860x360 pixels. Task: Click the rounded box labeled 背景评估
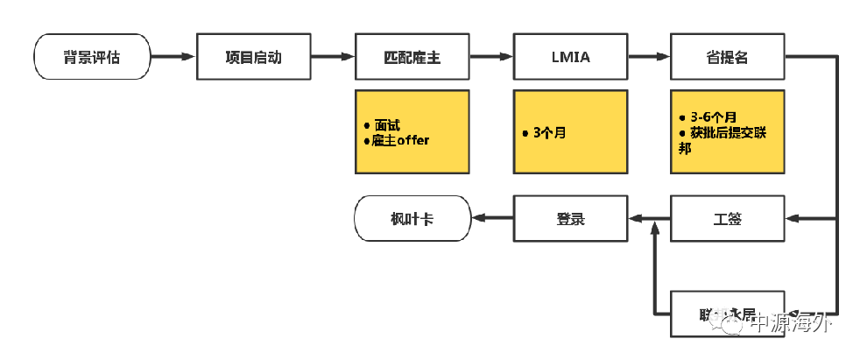(92, 58)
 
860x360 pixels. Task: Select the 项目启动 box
(254, 58)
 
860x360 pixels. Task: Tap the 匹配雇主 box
(412, 58)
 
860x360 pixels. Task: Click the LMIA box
(570, 58)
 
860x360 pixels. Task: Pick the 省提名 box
(728, 58)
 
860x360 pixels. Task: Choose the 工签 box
(728, 218)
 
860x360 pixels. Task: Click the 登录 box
(570, 218)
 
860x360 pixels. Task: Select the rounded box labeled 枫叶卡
(412, 218)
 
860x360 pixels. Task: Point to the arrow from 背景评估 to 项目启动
(173, 58)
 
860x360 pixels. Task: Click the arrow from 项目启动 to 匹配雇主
(333, 58)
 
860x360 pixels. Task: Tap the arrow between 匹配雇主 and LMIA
(491, 58)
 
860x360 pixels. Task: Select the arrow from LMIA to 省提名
(649, 58)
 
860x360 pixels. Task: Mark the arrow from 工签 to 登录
(649, 218)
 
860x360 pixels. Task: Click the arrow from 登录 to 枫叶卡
(491, 218)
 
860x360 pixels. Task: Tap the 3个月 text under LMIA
(548, 133)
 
